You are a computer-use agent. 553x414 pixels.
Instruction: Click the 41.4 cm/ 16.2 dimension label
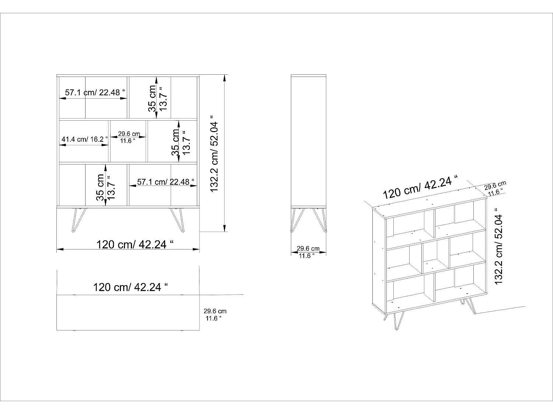85,139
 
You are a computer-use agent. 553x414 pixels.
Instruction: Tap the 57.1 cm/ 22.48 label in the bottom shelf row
166,182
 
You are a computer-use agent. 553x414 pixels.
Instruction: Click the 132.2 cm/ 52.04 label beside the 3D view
498,246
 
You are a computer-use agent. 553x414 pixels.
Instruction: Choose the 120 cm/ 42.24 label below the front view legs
135,244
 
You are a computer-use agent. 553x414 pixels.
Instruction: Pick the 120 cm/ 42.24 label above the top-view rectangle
131,287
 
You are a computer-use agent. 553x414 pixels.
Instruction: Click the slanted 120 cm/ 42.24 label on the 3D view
420,187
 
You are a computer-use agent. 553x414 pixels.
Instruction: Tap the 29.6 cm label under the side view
308,249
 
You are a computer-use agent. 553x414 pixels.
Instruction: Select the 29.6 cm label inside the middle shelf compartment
129,134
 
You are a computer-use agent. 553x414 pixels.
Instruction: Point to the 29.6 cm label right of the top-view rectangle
215,311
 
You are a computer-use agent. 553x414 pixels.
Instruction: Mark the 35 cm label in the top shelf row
152,99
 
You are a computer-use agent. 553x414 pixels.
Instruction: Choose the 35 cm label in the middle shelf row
175,142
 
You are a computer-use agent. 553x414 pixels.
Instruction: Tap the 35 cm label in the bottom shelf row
100,188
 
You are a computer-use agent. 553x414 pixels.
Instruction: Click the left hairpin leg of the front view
79,220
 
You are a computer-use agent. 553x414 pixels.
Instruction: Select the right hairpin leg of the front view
177,220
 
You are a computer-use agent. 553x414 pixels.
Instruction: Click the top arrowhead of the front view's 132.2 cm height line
225,78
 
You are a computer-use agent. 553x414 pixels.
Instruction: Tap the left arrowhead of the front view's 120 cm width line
60,250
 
